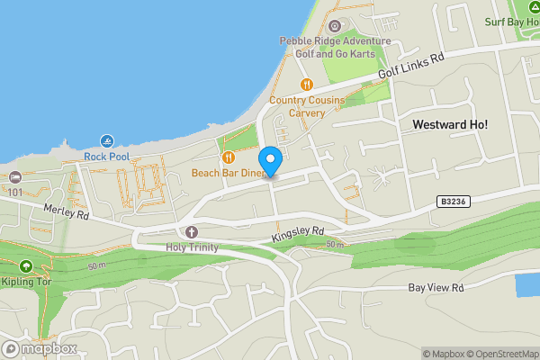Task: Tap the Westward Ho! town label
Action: (x=449, y=123)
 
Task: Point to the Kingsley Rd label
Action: (x=297, y=234)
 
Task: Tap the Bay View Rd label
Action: (x=435, y=288)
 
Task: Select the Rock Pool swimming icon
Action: (x=107, y=141)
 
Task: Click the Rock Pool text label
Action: (x=107, y=157)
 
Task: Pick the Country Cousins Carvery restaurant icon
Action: (x=306, y=85)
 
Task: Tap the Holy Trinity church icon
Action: (x=192, y=231)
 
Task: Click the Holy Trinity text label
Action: (x=192, y=246)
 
